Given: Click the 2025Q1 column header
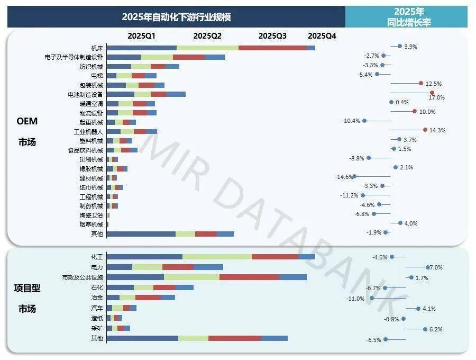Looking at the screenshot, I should [x=141, y=36].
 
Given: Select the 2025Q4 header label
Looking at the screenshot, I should [x=322, y=36].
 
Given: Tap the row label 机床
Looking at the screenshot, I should [x=97, y=48].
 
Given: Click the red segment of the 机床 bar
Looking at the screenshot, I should [x=272, y=48].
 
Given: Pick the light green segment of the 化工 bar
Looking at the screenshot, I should [x=217, y=257].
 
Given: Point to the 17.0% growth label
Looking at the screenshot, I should [x=437, y=97].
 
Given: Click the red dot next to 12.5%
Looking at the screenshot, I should [x=421, y=83].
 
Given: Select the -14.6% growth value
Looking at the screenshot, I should [x=343, y=177].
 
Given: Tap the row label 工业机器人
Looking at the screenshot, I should [x=88, y=131].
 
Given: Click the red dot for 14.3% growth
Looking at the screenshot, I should [x=425, y=130].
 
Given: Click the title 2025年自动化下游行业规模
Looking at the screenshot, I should [x=176, y=16].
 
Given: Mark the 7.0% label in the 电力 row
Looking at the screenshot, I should [x=437, y=267].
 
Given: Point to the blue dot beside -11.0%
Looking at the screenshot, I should [x=372, y=298].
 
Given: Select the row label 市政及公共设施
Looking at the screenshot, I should [x=83, y=277].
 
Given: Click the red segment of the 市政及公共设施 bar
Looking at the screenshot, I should [x=249, y=277].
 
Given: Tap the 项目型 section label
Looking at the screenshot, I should [x=27, y=288].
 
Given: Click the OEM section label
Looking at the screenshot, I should [x=27, y=121].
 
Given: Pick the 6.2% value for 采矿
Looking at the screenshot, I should [x=436, y=329].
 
